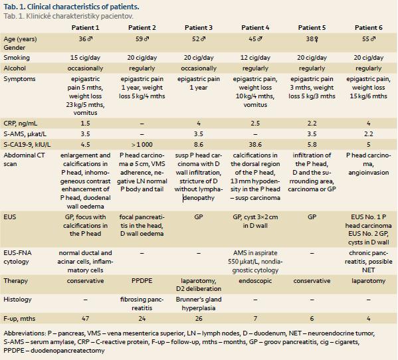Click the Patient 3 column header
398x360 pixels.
(x=199, y=28)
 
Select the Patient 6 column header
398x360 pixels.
(x=368, y=28)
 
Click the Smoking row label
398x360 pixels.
(x=17, y=58)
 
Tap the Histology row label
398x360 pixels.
(x=17, y=300)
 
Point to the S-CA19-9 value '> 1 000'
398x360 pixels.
(x=142, y=145)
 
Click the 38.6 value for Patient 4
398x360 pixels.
(x=255, y=145)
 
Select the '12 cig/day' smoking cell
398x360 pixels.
(x=255, y=58)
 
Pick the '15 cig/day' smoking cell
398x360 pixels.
(x=85, y=58)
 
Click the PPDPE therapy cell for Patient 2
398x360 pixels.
(x=142, y=281)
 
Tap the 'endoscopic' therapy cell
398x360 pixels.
(x=255, y=281)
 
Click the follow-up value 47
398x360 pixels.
(x=85, y=319)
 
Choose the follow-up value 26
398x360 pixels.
(x=199, y=319)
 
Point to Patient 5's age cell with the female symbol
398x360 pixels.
(x=312, y=39)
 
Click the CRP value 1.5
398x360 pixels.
(x=85, y=124)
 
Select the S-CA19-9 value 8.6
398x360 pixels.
(x=199, y=145)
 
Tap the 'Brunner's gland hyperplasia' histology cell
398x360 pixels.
(x=199, y=304)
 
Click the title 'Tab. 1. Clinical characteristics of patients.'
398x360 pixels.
(x=71, y=7)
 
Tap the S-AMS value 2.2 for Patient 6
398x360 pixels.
(x=368, y=134)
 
